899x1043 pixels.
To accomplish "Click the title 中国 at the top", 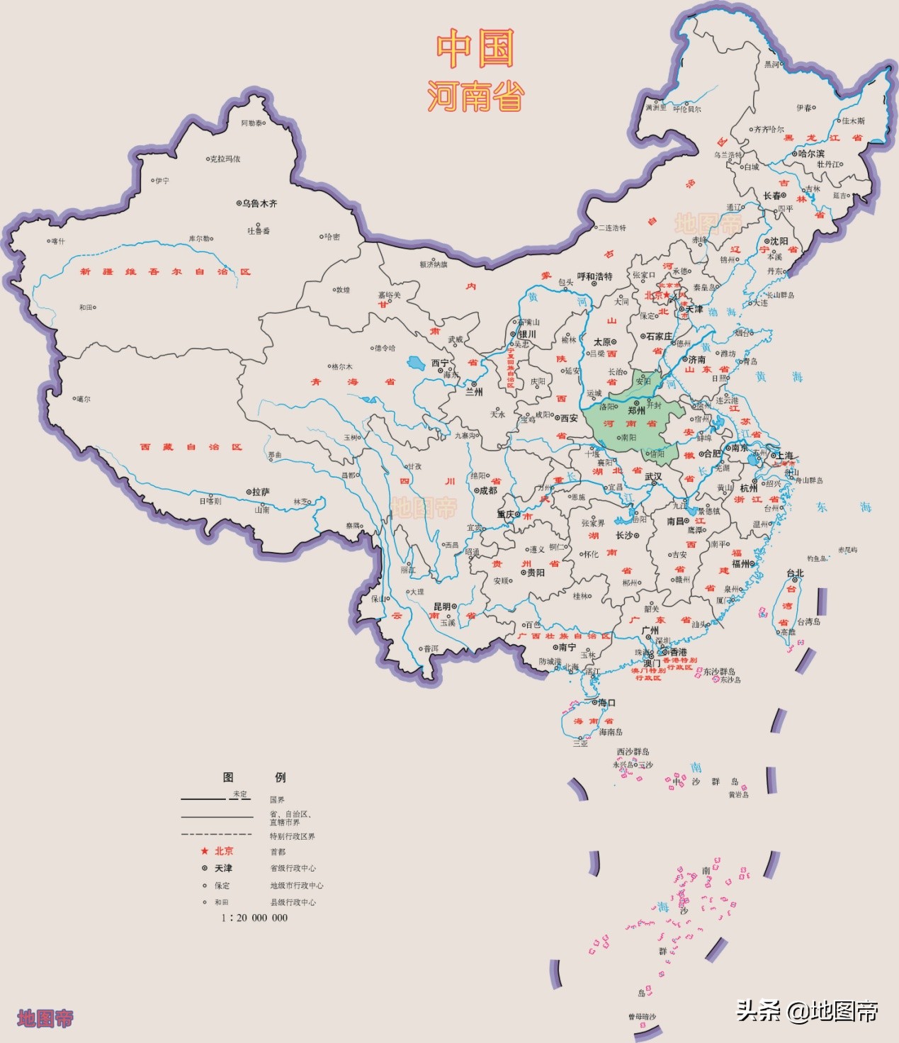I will (474, 49).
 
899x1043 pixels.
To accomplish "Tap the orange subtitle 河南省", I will (475, 96).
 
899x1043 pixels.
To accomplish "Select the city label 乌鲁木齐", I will (259, 203).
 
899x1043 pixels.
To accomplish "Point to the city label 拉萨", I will (261, 492).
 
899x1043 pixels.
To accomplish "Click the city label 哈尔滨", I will (810, 153).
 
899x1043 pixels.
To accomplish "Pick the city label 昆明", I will (442, 607).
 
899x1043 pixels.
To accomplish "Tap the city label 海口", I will (606, 703).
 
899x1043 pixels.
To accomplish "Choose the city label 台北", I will (795, 573).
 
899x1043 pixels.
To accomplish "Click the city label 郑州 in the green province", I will (637, 410).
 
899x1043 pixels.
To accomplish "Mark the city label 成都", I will (488, 490).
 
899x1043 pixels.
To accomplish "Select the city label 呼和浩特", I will (594, 276).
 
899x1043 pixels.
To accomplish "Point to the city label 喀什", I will (58, 242).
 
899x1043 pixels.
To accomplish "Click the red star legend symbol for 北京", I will (205, 851).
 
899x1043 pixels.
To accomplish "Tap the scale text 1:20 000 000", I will (254, 918).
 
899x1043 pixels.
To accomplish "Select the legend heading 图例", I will (254, 777).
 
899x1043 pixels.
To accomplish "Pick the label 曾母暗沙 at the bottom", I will (642, 1017).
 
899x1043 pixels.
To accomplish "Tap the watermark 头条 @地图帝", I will (807, 1010).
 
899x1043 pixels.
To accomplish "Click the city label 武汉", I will (653, 477).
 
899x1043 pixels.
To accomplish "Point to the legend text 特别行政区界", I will (292, 837).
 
